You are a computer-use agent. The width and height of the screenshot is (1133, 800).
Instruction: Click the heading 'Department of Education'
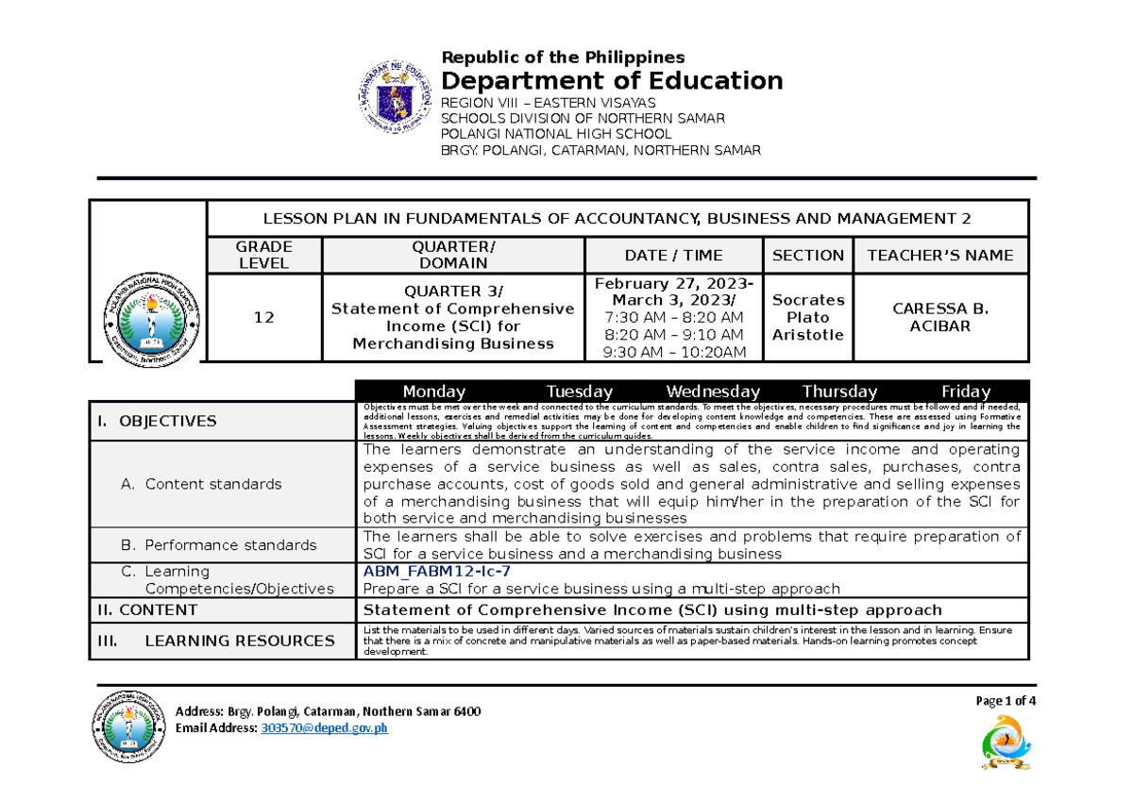click(x=613, y=80)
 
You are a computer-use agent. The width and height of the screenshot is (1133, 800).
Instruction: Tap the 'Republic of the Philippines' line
click(x=565, y=57)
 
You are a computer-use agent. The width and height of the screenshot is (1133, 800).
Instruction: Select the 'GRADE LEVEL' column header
click(x=264, y=255)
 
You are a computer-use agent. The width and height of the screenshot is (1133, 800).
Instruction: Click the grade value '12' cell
click(x=264, y=318)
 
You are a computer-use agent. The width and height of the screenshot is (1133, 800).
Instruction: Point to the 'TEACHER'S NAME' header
click(x=940, y=255)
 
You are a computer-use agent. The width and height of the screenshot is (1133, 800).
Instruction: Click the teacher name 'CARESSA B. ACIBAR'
click(x=940, y=318)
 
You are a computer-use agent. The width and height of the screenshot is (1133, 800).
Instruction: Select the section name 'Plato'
click(x=807, y=318)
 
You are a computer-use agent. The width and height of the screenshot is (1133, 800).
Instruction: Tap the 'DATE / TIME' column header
click(x=673, y=255)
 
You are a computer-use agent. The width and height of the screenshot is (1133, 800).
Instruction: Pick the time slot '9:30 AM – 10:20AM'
click(x=673, y=353)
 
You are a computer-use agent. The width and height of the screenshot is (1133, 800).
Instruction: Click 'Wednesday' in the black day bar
click(x=713, y=392)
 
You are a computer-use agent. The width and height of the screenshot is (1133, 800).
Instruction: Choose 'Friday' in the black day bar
click(x=966, y=392)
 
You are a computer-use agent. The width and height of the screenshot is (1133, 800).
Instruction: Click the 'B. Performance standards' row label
click(x=218, y=545)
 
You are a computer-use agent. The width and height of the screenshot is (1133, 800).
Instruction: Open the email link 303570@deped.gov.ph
click(x=324, y=728)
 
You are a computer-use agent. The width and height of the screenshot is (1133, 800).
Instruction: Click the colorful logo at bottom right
click(x=1007, y=742)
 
